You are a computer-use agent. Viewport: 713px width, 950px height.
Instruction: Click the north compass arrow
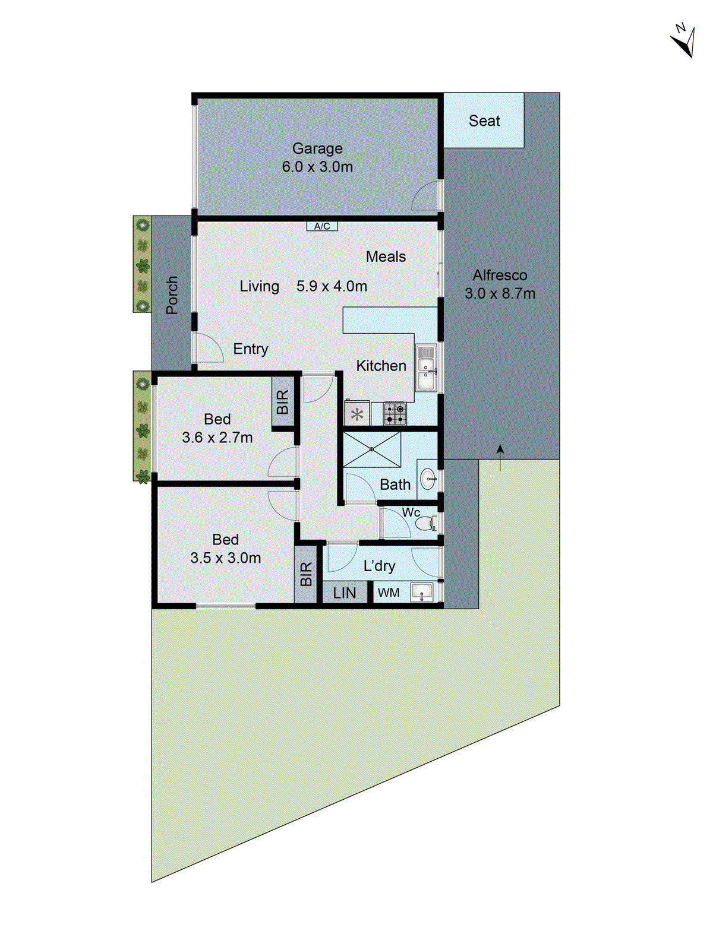tap(684, 42)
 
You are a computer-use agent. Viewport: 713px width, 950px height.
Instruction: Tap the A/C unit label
tap(322, 226)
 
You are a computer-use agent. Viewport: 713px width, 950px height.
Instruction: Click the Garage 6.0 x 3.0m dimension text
tap(317, 167)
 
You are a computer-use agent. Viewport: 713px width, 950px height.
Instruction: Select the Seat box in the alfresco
tap(484, 121)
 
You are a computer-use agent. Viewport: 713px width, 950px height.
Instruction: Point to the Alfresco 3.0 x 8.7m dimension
tap(500, 293)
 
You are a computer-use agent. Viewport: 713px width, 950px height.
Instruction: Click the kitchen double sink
tap(425, 368)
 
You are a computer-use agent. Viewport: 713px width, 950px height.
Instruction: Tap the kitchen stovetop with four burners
tap(395, 413)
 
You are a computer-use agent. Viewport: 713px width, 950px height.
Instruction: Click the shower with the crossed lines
tap(372, 449)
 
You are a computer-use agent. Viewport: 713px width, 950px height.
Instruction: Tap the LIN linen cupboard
tap(345, 593)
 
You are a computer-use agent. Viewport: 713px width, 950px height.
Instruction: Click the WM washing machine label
tap(389, 593)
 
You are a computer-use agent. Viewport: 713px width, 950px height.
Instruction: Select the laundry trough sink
tap(422, 592)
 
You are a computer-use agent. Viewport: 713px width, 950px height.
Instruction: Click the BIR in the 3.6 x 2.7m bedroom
tap(283, 402)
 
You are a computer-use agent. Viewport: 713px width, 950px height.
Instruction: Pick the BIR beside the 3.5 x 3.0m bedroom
tap(305, 574)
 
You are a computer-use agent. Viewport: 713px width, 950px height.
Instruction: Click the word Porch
tap(172, 295)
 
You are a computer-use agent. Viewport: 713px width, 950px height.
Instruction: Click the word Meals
tap(386, 256)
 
